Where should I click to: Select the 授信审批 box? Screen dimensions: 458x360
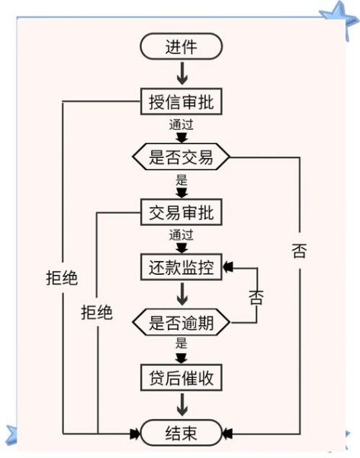point(181,102)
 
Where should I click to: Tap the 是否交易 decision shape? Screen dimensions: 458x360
point(181,157)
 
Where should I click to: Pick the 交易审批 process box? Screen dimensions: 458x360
point(181,212)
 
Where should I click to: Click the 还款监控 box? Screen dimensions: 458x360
point(181,267)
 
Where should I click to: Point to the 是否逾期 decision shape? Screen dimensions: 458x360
point(181,321)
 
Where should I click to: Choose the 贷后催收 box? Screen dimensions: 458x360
point(181,376)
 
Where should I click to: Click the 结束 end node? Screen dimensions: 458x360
point(181,433)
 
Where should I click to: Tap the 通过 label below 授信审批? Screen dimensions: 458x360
point(181,124)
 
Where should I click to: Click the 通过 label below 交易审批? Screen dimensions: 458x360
point(181,234)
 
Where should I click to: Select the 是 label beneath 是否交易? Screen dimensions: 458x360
point(181,180)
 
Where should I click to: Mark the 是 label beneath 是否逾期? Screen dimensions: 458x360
point(181,343)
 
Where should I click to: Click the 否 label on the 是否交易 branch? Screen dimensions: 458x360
point(299,251)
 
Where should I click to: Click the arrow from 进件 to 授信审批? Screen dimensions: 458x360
point(181,74)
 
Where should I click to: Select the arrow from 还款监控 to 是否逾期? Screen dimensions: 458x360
point(181,294)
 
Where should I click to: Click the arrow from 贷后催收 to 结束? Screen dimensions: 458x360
point(181,404)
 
